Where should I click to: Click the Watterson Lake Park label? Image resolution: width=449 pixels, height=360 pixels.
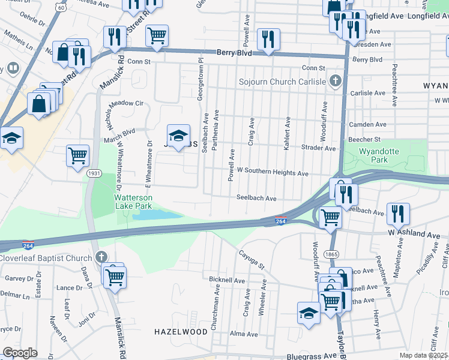133,202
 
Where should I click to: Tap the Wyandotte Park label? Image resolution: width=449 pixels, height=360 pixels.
374,156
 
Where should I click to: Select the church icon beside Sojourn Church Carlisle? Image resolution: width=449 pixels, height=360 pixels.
337,81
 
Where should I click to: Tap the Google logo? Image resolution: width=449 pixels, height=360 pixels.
20,353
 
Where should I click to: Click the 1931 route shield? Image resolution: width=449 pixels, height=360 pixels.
94,173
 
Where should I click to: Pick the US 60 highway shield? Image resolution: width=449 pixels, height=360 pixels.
61,7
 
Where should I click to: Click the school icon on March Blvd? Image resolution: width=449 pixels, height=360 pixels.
178,137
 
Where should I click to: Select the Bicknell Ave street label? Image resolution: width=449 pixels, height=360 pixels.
227,280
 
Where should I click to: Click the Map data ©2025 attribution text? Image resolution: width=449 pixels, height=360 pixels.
423,355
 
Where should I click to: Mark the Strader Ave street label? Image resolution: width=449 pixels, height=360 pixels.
318,148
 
